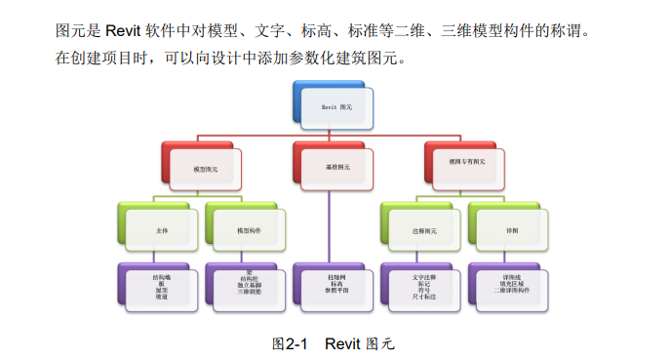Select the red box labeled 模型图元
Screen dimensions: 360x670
click(x=205, y=167)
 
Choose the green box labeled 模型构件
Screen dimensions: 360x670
click(x=249, y=230)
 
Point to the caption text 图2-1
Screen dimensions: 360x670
click(x=290, y=343)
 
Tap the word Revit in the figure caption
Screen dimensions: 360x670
click(x=342, y=343)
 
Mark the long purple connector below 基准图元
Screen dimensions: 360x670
click(x=330, y=224)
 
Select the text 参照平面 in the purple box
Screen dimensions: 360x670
click(x=336, y=291)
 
